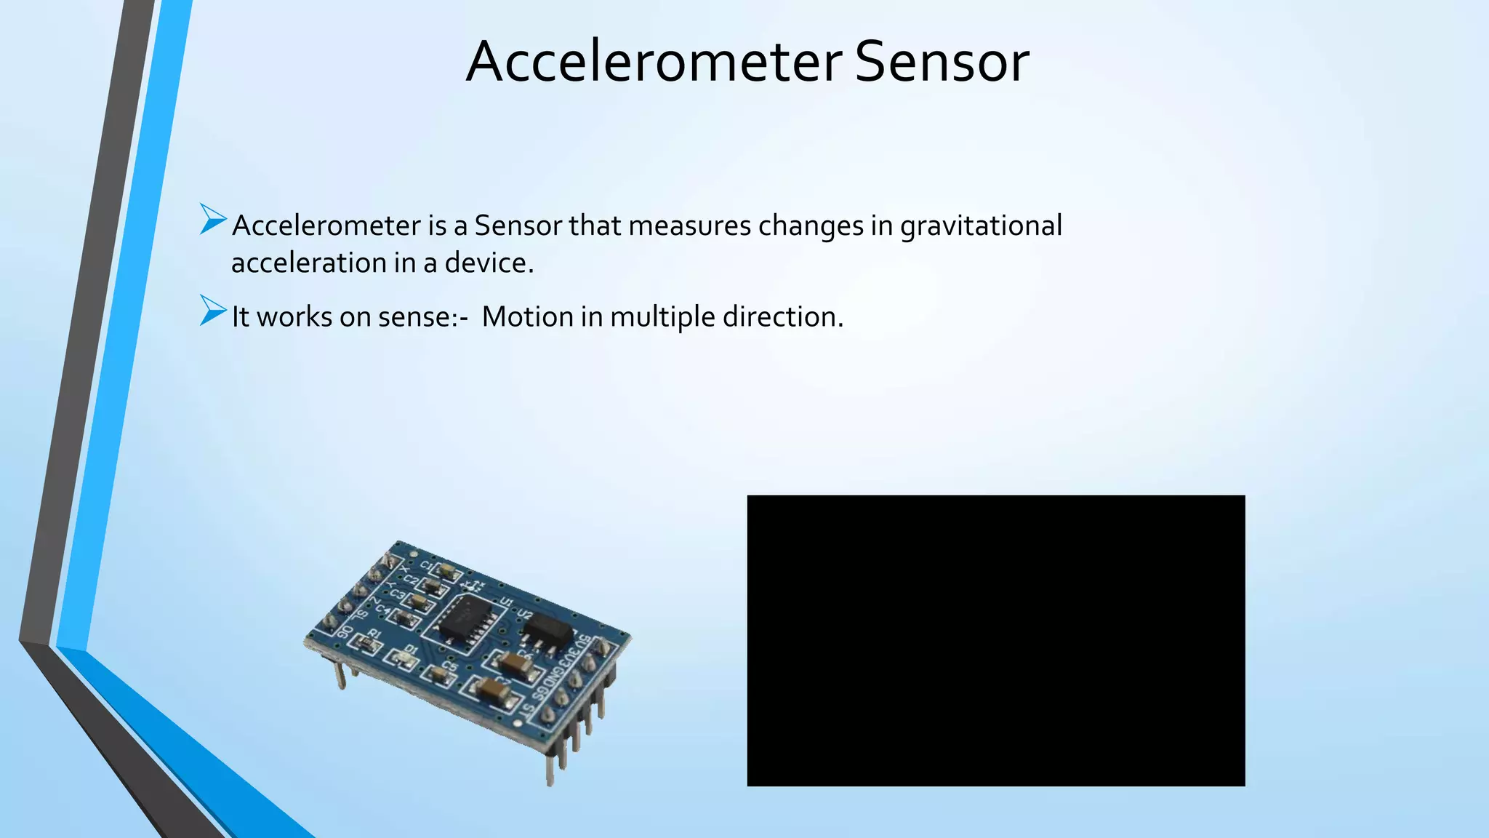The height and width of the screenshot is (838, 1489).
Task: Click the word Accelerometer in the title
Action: [654, 62]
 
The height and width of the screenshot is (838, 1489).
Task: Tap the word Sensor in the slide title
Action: [942, 62]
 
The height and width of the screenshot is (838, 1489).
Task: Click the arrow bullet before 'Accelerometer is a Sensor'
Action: [213, 220]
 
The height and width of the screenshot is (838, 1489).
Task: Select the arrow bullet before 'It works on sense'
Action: [213, 311]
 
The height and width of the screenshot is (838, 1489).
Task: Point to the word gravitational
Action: [981, 226]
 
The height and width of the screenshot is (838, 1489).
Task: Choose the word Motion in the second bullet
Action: [527, 317]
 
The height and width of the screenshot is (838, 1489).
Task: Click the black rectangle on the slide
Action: [995, 640]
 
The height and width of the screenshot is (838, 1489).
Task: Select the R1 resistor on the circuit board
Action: [362, 642]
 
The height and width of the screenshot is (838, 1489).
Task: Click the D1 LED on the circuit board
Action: [401, 659]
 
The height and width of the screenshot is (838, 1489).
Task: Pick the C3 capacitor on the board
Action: [418, 602]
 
